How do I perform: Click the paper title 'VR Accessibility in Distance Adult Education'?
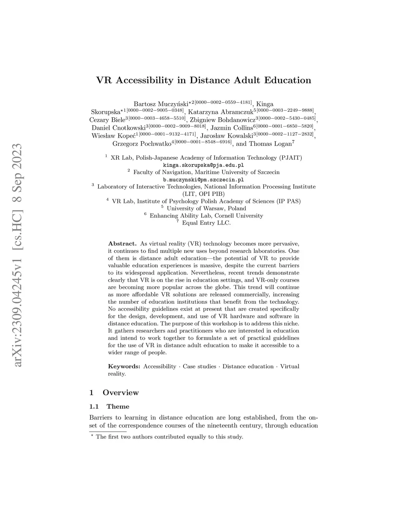coord(204,80)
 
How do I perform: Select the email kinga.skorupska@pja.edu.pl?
coord(204,165)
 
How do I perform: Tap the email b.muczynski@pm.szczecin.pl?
coord(204,179)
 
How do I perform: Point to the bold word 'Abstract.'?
coord(122,244)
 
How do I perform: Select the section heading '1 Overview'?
coord(114,393)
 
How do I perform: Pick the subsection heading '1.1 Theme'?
coord(110,407)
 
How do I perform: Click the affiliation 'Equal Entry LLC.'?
coord(206,223)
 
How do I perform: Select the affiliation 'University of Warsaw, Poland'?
coord(206,208)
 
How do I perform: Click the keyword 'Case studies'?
coord(199,367)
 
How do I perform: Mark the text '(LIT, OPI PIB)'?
coord(204,194)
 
